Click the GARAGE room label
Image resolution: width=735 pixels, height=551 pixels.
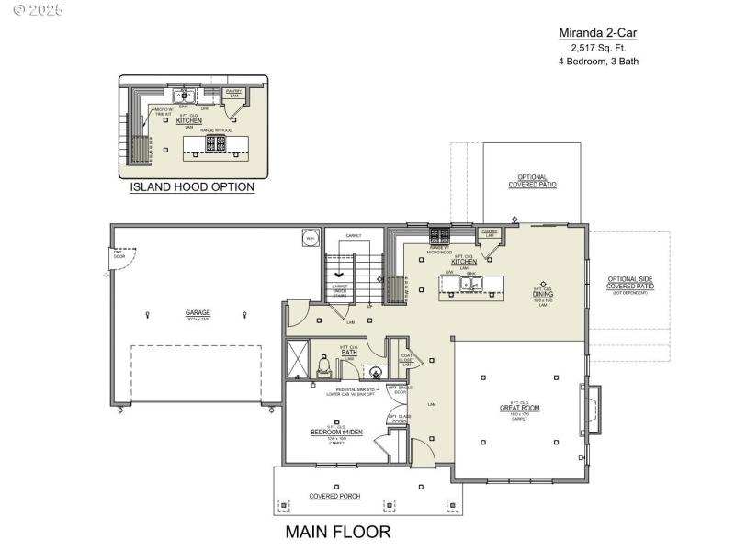[198, 312]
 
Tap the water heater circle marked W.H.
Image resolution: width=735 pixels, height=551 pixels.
[310, 239]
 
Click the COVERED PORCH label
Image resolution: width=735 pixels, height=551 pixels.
[334, 497]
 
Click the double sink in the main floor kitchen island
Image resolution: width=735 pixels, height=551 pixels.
[471, 283]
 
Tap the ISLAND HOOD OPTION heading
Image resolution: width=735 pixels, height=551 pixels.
[192, 187]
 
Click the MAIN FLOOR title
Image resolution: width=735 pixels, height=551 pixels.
[338, 532]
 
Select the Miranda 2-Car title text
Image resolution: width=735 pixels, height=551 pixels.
[598, 32]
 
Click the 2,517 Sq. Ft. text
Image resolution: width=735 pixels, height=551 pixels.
[598, 47]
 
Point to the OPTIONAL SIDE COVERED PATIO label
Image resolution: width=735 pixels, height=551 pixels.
[630, 286]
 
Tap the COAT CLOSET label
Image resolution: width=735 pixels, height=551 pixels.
[405, 358]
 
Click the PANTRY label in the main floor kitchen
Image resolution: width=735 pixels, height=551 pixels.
[490, 233]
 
